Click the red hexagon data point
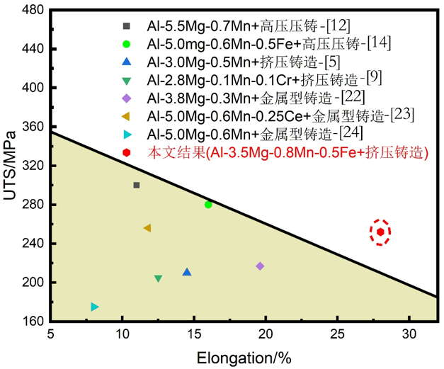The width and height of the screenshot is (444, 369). click(380, 232)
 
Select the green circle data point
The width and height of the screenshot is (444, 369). click(208, 205)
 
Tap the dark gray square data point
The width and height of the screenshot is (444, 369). click(137, 185)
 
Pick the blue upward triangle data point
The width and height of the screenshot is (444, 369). click(187, 272)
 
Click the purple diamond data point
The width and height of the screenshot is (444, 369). click(260, 266)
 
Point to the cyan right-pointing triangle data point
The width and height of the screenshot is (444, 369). click(95, 307)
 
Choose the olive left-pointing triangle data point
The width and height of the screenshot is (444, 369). click(147, 228)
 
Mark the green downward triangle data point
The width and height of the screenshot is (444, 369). click(158, 278)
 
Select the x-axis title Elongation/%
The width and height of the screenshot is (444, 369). click(244, 356)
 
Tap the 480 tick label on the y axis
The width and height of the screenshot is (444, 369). click(32, 11)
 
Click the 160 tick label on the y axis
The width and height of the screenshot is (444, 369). click(32, 321)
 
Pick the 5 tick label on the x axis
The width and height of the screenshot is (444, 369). click(50, 335)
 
